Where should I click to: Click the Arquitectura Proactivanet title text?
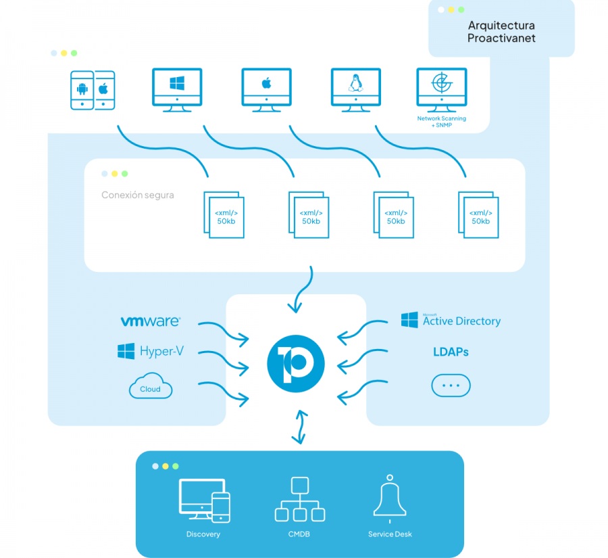coord(501,32)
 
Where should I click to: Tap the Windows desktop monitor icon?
coord(177,89)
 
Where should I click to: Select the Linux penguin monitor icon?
coord(355,89)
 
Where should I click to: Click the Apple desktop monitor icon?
coord(266,89)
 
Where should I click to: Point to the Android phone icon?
coord(82,89)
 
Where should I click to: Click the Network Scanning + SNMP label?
coord(441,122)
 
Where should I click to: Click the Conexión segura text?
coord(137,195)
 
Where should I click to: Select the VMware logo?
coord(150,321)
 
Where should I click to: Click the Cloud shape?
coord(150,388)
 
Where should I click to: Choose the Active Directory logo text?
coord(461,321)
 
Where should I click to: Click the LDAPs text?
coord(451,352)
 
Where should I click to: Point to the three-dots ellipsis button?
coord(451,386)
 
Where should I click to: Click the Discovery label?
coord(203,534)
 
